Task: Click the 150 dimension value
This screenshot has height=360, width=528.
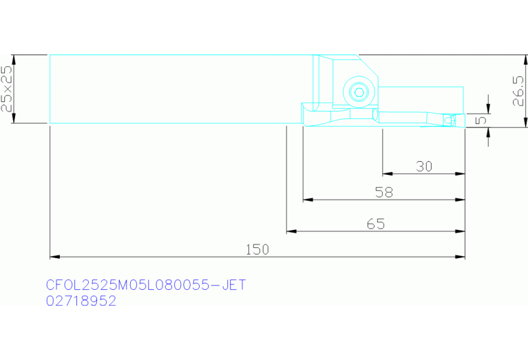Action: tap(257, 250)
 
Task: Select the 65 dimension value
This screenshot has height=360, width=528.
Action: tap(376, 224)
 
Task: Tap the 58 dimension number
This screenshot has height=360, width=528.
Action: tap(384, 192)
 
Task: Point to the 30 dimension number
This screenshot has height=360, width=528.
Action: tap(424, 167)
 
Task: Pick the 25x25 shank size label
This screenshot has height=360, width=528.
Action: tap(7, 88)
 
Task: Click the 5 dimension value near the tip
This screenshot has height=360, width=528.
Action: tap(482, 120)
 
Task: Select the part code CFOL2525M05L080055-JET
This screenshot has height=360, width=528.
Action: tap(146, 285)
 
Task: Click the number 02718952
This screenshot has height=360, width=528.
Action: tap(81, 300)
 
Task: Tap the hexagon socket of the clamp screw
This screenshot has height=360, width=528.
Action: tap(359, 92)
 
